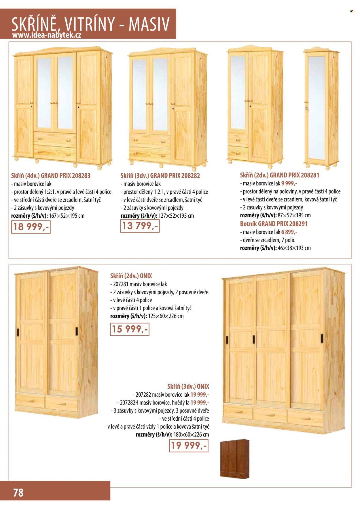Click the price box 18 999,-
click(31, 227)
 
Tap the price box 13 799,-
click(140, 226)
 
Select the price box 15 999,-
click(130, 329)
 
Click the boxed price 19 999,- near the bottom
click(188, 446)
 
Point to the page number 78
click(18, 493)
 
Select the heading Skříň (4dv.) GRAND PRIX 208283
click(51, 176)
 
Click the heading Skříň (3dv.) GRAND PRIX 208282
click(160, 176)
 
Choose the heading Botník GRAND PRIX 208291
click(274, 224)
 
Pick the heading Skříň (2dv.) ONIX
click(131, 276)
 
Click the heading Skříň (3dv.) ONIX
click(188, 386)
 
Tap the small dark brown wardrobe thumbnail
click(234, 459)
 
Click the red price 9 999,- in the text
click(289, 183)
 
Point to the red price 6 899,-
click(289, 232)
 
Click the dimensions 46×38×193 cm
click(294, 248)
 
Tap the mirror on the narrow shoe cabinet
click(317, 108)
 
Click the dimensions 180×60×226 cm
click(191, 435)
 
